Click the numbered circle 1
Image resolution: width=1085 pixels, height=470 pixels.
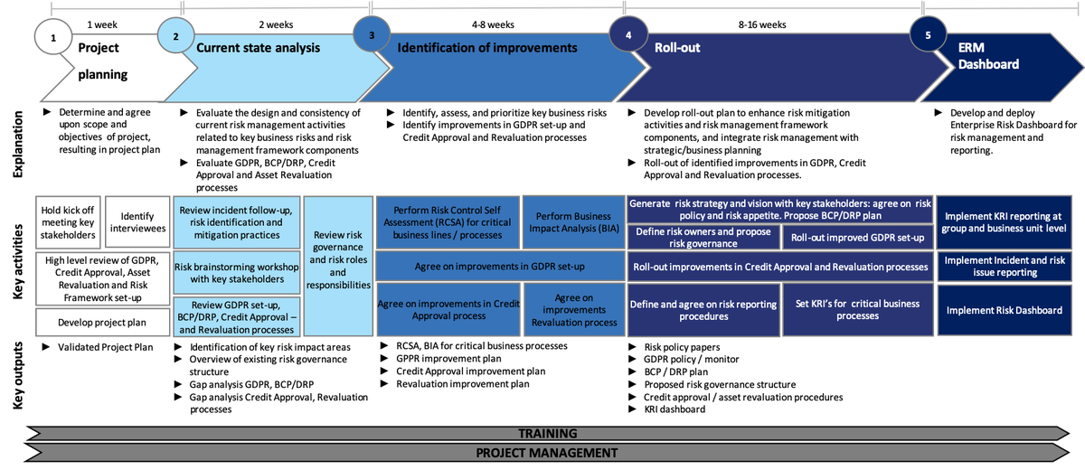[x=53, y=38]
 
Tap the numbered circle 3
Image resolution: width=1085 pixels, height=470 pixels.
[x=371, y=34]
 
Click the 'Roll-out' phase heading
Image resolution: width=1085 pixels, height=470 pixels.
[x=677, y=47]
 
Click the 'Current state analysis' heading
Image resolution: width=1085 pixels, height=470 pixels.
[x=258, y=47]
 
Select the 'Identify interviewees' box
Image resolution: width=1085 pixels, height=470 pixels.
[x=137, y=222]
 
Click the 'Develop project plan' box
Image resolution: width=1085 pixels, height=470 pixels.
[x=102, y=322]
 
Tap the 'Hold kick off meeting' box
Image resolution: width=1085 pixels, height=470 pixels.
[x=67, y=222]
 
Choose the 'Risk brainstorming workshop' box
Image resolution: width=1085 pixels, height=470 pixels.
[x=236, y=273]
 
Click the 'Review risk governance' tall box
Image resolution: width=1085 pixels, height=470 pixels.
[x=337, y=266]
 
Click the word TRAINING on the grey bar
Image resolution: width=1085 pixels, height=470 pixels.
[x=547, y=434]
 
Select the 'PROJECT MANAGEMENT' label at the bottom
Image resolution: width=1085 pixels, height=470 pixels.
[x=546, y=453]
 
